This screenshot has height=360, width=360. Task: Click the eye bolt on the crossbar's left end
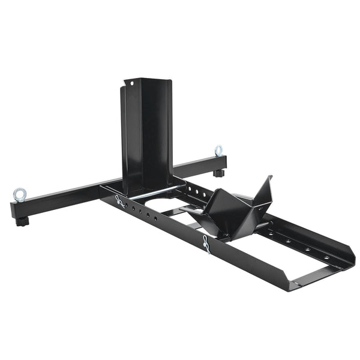[x=19, y=194]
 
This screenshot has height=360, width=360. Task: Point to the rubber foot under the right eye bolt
[x=219, y=173]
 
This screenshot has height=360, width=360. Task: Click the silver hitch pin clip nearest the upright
[x=121, y=202]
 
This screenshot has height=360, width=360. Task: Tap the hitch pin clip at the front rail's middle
[x=206, y=244]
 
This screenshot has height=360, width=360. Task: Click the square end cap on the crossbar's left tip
[x=13, y=211]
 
